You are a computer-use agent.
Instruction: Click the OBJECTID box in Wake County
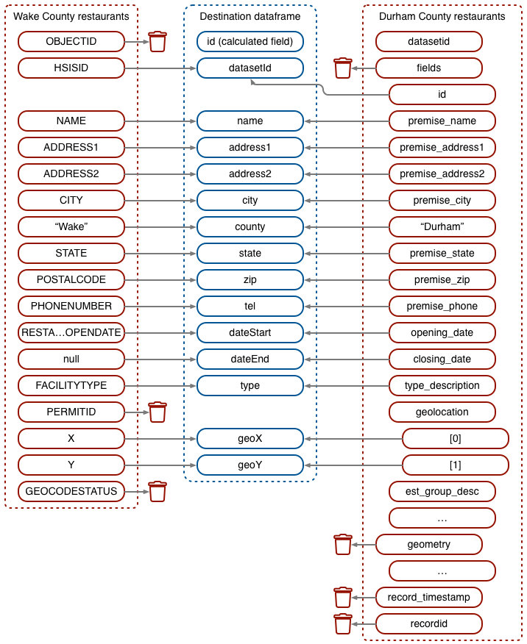71,42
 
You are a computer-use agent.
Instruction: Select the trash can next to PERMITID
158,412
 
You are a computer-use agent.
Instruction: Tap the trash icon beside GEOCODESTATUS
158,491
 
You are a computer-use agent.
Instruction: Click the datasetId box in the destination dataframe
250,68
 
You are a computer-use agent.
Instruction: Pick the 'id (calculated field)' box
250,42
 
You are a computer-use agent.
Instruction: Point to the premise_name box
442,121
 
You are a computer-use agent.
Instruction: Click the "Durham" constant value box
442,227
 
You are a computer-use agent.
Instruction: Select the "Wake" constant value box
71,227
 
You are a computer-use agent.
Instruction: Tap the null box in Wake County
71,359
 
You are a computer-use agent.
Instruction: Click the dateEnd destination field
250,359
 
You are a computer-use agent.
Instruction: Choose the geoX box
250,439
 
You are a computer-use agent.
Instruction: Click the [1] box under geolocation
456,465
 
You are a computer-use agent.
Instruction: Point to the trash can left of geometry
343,545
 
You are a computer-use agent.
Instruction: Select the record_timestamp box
429,598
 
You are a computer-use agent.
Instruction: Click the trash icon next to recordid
343,624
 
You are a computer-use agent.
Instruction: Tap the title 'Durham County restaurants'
442,16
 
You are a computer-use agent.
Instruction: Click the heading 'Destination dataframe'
250,16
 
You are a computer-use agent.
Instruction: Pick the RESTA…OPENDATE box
71,333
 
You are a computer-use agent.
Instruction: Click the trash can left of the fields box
343,68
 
